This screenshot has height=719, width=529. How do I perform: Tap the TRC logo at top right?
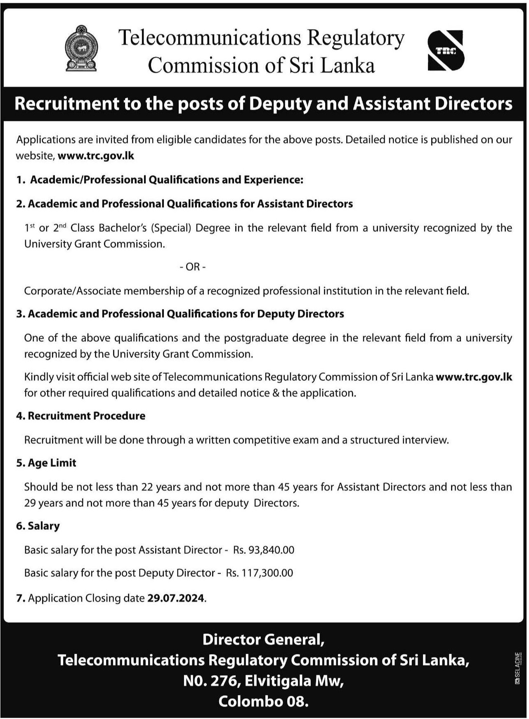point(446,51)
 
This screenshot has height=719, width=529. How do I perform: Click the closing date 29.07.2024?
point(176,598)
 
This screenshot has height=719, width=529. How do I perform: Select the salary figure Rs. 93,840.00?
point(264,550)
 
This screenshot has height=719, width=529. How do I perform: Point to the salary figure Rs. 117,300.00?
point(260,573)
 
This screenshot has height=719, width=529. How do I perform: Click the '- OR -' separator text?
point(193,267)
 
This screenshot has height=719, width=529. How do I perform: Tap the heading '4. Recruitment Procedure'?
point(81,416)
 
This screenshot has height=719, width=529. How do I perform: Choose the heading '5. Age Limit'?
point(46,463)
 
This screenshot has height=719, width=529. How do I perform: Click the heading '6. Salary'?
point(38,526)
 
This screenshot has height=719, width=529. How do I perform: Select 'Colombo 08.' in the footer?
point(263,701)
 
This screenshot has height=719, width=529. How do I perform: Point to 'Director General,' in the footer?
point(263,639)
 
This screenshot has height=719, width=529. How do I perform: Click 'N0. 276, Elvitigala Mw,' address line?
point(263,681)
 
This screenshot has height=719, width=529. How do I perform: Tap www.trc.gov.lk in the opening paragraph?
point(96,156)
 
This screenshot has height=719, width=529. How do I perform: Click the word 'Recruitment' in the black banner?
point(66,104)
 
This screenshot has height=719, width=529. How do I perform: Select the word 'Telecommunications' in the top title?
point(210,38)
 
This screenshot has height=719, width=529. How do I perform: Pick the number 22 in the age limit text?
point(147,487)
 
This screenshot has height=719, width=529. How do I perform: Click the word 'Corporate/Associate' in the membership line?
point(72,291)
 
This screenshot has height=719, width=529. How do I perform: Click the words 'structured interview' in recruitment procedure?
point(399,440)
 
